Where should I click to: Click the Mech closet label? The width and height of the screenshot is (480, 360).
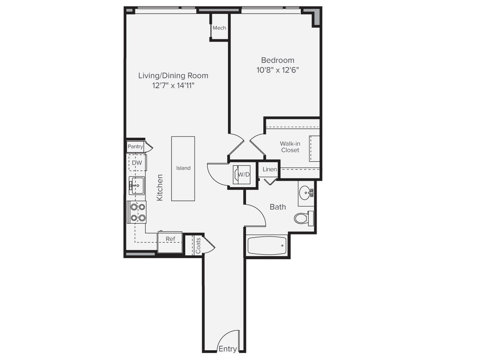pos(219,28)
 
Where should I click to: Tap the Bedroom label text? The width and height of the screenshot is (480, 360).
pos(278,60)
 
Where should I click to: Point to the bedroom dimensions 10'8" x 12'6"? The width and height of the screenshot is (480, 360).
pos(278,70)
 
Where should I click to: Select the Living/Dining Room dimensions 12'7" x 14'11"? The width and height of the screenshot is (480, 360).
pos(173,86)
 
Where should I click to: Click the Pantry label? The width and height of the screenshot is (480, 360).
pos(135,147)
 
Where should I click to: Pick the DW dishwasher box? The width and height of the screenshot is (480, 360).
pos(137,163)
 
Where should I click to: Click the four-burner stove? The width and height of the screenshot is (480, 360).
pos(137,212)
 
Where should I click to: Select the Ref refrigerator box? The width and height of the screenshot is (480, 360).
pos(170,242)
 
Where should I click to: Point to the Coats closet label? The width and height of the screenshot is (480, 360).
pos(198,245)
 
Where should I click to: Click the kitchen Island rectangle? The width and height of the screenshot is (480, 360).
pos(183,168)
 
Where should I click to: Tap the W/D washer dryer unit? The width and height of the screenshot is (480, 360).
pos(241,174)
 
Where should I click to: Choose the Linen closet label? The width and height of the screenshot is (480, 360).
pos(270,169)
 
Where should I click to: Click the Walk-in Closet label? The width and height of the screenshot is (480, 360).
pos(290,147)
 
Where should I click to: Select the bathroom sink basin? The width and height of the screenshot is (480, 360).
pos(305,193)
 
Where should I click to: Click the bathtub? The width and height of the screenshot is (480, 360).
pos(267,246)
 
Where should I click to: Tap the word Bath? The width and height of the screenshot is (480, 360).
pos(278,207)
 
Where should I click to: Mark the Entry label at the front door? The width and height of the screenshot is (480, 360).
pos(227,349)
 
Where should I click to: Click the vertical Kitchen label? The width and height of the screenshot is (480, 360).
pos(160,187)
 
